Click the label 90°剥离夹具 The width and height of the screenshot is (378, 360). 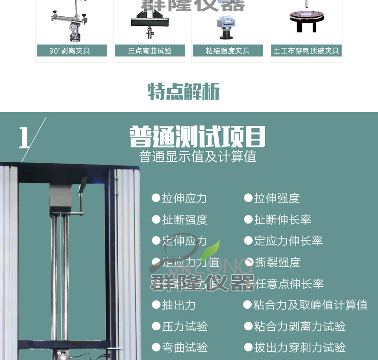(x=72, y=51)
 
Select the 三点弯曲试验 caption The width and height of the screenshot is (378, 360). (x=150, y=51)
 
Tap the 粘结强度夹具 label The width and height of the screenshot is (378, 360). (x=228, y=51)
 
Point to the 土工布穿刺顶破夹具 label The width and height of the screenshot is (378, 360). (x=306, y=51)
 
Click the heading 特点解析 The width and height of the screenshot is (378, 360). (x=184, y=91)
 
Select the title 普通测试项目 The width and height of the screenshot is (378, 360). (x=197, y=137)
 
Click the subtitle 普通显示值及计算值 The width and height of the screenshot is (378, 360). (x=198, y=157)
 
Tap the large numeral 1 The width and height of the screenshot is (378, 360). (x=25, y=138)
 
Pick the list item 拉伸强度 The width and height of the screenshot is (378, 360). (x=277, y=198)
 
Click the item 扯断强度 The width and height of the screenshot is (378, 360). (x=184, y=220)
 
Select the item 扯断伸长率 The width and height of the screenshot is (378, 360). (x=282, y=220)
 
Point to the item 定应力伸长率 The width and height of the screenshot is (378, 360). (x=288, y=241)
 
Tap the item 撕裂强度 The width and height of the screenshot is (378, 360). (x=278, y=262)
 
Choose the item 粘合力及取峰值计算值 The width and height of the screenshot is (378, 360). (x=310, y=305)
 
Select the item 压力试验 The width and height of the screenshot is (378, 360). (x=184, y=326)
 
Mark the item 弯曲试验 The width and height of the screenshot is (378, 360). (x=184, y=348)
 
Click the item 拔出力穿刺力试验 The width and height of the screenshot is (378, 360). (x=300, y=348)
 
